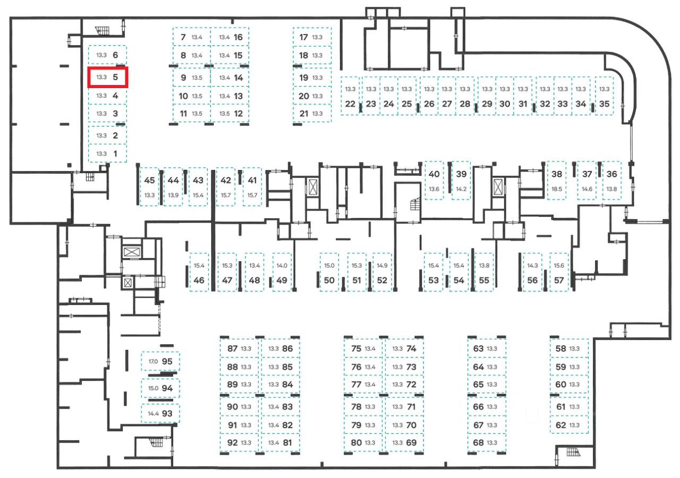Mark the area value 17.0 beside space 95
(x=153, y=362)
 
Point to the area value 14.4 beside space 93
(x=153, y=413)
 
